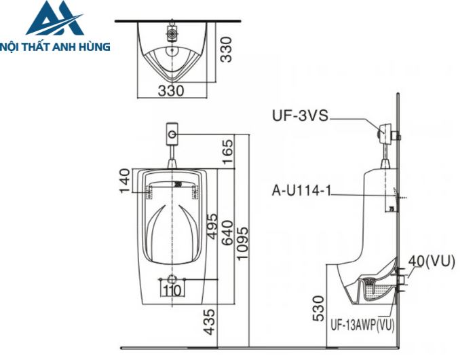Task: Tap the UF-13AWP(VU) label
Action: [362, 325]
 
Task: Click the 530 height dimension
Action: [318, 307]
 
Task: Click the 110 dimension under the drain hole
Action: [173, 291]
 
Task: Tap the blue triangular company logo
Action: [55, 20]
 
